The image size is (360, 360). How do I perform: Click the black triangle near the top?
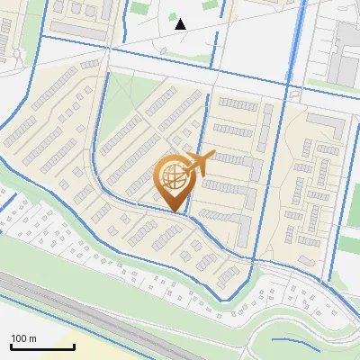180,24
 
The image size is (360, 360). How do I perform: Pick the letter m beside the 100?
33,338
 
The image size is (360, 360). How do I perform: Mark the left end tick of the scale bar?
10,346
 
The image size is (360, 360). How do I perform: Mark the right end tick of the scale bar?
51,346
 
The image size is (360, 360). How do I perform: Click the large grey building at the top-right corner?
346,45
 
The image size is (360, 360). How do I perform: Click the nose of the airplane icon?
212,156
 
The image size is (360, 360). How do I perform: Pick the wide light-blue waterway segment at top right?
294,36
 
